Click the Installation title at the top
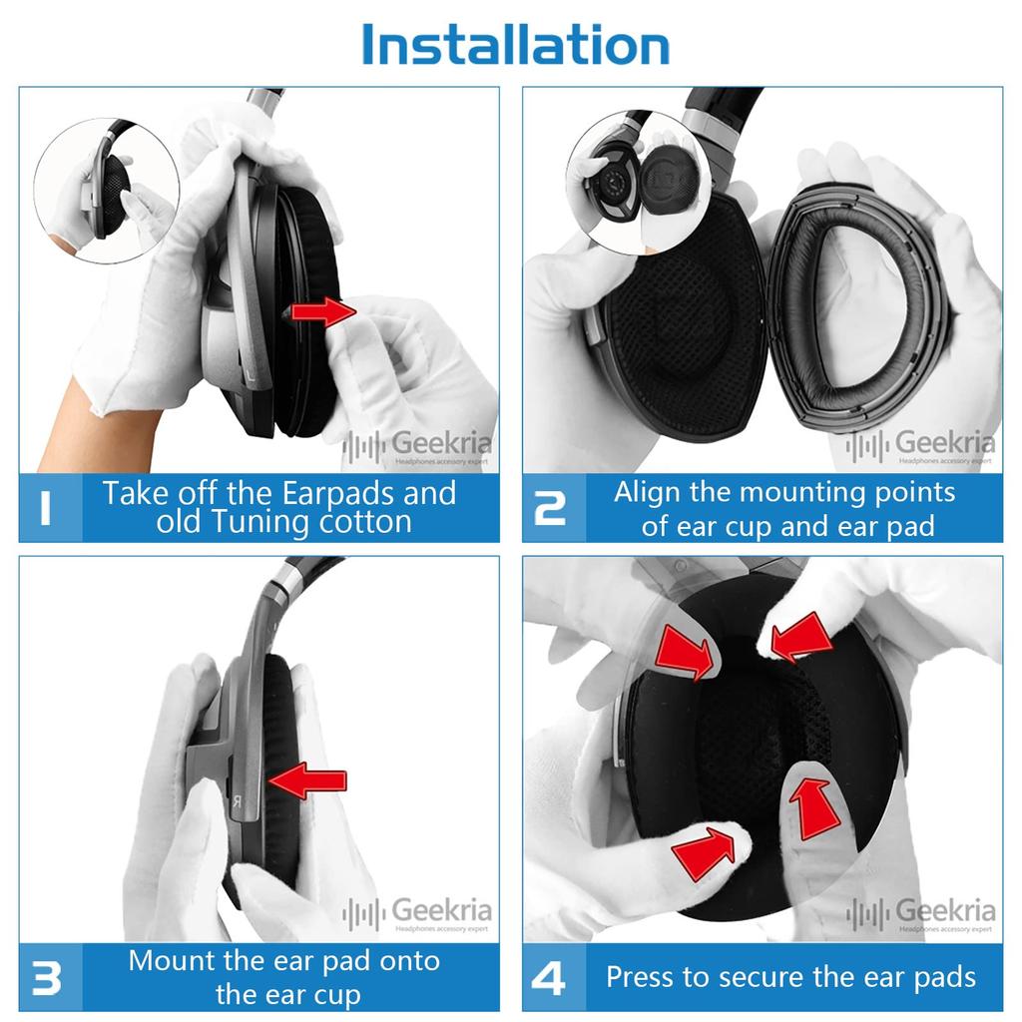point(515,45)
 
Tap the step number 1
point(46,507)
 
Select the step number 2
point(550,507)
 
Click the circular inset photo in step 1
point(106,190)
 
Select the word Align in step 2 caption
point(646,492)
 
